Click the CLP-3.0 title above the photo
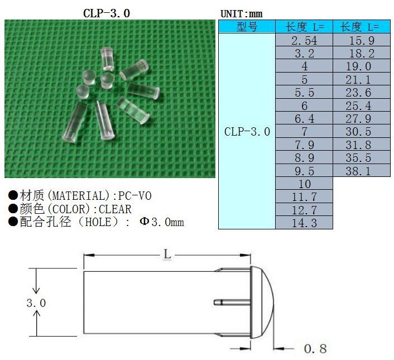click(x=107, y=12)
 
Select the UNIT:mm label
click(x=241, y=13)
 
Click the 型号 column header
click(x=247, y=27)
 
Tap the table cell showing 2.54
click(x=304, y=41)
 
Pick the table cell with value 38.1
click(x=361, y=171)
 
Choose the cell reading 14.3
click(x=304, y=223)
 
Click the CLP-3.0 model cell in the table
click(x=247, y=132)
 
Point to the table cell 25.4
click(x=361, y=106)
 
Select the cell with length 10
click(x=304, y=184)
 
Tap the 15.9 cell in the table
click(x=361, y=41)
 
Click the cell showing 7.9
click(x=304, y=145)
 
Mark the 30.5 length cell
click(x=361, y=132)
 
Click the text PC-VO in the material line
click(x=134, y=196)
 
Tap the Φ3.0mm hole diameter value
click(x=162, y=222)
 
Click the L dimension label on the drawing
click(x=167, y=255)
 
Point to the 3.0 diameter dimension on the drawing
click(x=36, y=303)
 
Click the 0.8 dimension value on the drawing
click(x=315, y=349)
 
